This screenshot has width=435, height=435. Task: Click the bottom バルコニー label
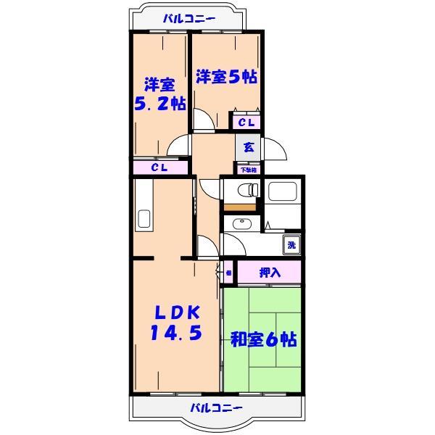point(217,407)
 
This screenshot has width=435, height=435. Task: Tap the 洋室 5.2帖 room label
point(159,94)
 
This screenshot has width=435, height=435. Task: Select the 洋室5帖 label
point(225,76)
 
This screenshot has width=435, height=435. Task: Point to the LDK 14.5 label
point(176,323)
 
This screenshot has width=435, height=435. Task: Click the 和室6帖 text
point(263,339)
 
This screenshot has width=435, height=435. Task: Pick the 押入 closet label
point(269,273)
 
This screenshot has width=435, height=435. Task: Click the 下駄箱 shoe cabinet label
point(249,170)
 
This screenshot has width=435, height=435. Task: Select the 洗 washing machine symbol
point(291,245)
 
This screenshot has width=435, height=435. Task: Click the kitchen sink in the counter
point(144,217)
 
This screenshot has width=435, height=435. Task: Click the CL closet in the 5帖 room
point(246,123)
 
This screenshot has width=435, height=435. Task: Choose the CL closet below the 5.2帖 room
point(159,167)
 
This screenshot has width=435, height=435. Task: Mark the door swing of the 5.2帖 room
point(178,145)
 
